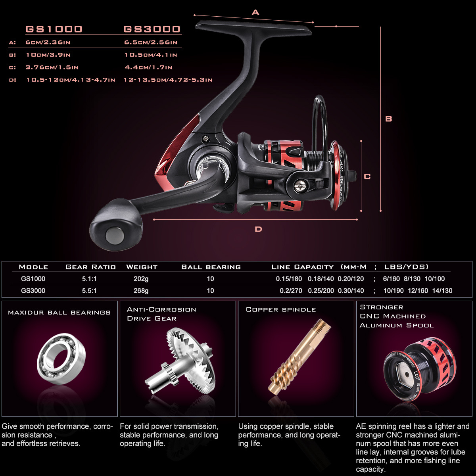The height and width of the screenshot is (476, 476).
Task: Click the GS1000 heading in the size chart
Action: (x=54, y=29)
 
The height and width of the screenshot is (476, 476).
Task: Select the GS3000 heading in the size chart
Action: (x=152, y=29)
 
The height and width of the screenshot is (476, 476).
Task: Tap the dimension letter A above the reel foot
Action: (x=255, y=13)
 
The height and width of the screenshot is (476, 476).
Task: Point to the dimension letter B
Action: (x=389, y=119)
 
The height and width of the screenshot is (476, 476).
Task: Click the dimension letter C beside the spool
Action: (x=367, y=177)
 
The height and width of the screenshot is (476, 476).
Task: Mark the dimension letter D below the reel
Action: (x=258, y=229)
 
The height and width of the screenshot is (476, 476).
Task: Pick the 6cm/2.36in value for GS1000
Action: (x=48, y=42)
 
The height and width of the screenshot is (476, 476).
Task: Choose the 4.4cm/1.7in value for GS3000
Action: (x=148, y=67)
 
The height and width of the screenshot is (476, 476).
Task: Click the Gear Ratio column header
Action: (x=90, y=267)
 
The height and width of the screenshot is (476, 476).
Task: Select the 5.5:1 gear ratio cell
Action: (x=89, y=291)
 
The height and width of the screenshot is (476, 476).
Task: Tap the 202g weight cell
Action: (x=141, y=279)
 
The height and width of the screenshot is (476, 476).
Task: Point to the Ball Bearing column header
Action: (x=211, y=267)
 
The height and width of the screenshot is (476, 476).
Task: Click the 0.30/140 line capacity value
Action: (x=351, y=291)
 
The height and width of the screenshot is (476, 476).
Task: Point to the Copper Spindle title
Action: (x=281, y=309)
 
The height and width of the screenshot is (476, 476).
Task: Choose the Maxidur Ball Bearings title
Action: (x=59, y=313)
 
